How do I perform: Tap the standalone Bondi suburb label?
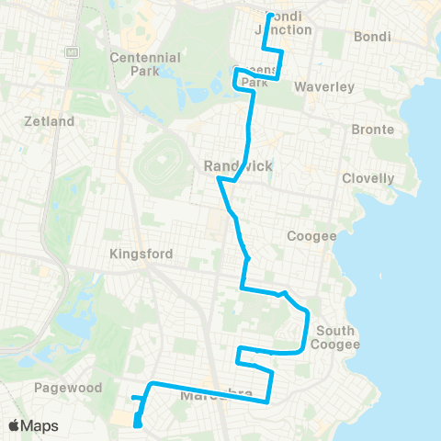(372, 37)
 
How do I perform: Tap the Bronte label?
(373, 130)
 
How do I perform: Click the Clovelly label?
(367, 178)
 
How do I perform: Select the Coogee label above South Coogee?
(312, 236)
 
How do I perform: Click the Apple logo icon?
(16, 425)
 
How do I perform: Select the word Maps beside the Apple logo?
(40, 425)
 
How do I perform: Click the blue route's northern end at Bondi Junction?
(269, 16)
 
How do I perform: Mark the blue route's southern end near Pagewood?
(138, 424)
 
